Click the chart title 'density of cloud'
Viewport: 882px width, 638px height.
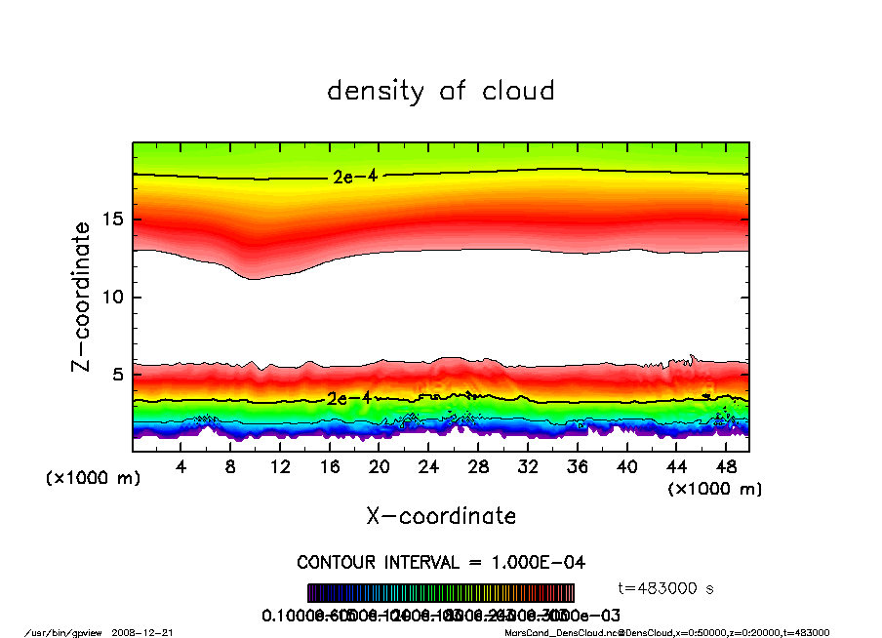(441, 92)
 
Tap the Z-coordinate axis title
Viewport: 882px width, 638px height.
(82, 296)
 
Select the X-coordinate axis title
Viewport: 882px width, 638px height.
(441, 516)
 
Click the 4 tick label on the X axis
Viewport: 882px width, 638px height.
(181, 467)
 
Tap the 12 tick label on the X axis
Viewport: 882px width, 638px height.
(280, 467)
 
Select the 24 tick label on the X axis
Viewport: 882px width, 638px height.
(428, 467)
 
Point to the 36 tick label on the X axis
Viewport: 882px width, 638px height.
(577, 467)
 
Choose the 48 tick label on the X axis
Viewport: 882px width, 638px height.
(725, 467)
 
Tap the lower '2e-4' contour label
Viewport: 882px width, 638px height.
(348, 398)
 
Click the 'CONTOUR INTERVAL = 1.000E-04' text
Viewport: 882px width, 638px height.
(441, 563)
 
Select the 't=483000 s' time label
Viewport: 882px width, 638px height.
(667, 588)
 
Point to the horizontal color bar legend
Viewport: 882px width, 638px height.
(441, 593)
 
